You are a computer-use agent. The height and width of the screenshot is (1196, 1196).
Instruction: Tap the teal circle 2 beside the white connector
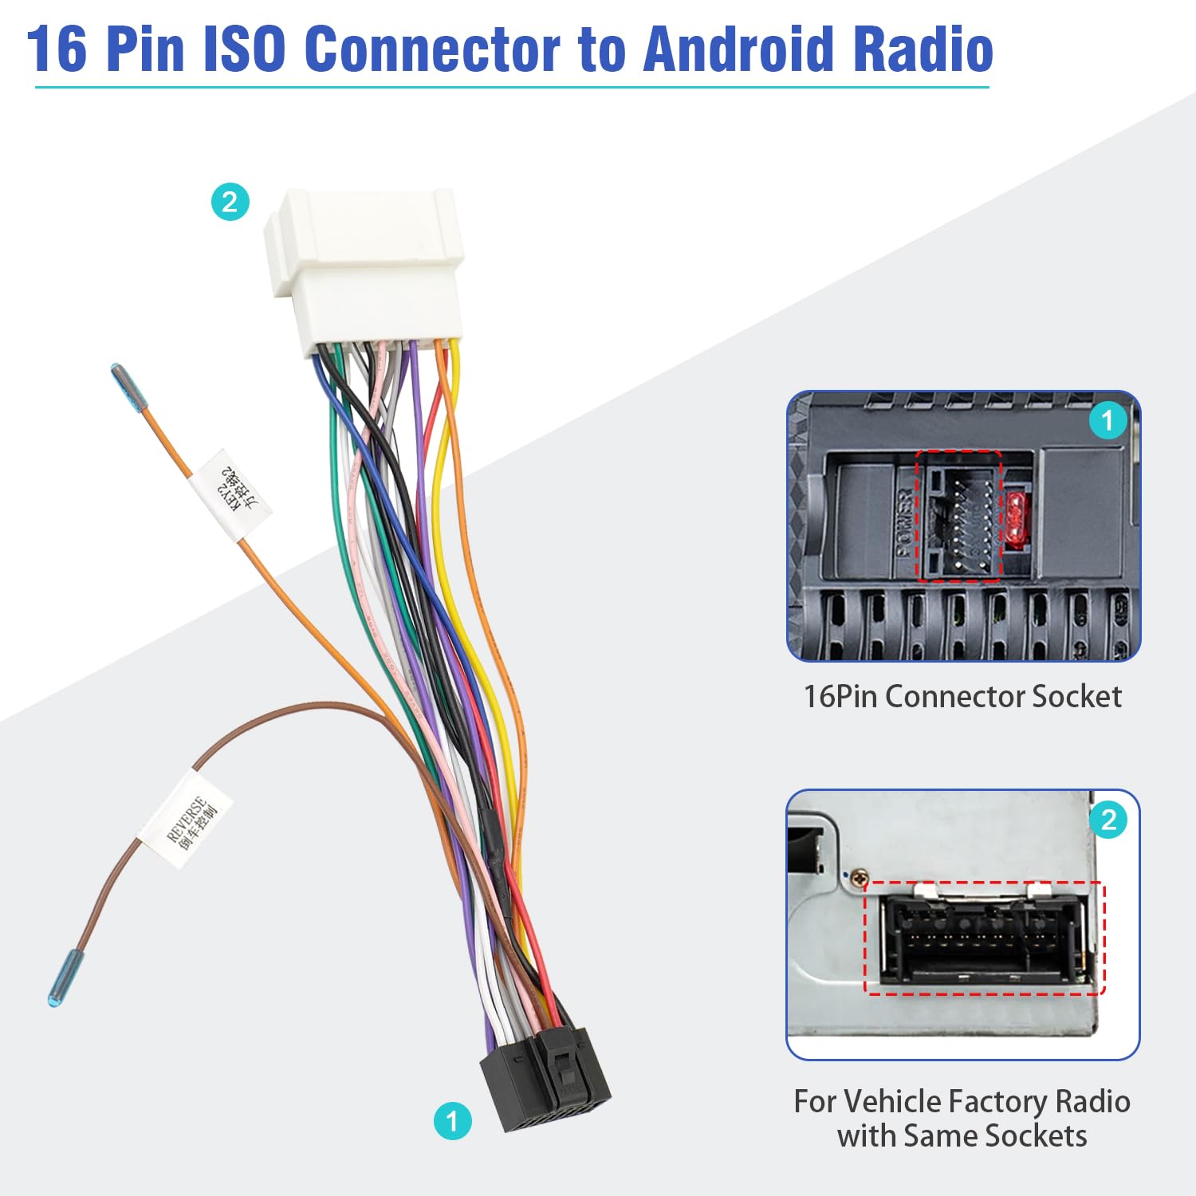tap(230, 202)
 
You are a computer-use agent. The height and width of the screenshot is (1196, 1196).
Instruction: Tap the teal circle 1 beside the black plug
tap(452, 1121)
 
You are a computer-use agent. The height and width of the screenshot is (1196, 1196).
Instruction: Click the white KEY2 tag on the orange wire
tap(232, 494)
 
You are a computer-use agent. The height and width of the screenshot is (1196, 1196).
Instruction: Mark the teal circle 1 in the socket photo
tap(1107, 420)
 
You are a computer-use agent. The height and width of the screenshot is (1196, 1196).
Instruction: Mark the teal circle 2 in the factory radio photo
tap(1108, 820)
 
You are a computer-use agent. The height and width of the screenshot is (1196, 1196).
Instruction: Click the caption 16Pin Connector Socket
tap(962, 697)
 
